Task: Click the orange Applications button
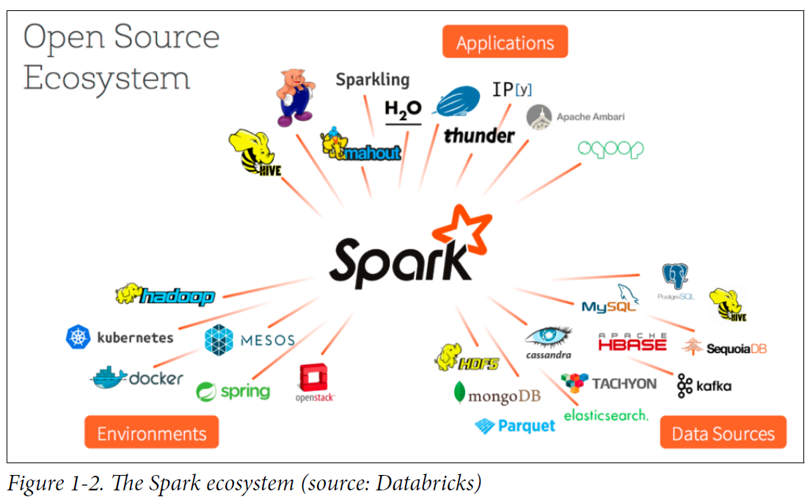[x=505, y=42]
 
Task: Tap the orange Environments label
[x=151, y=432]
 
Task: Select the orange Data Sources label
[x=723, y=432]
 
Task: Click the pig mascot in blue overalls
[x=296, y=96]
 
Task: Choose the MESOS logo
[x=249, y=339]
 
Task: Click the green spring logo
[x=233, y=391]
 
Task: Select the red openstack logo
[x=315, y=383]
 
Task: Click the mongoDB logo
[x=497, y=395]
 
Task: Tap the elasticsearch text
[x=606, y=415]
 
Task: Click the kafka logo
[x=704, y=385]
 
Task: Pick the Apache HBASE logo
[x=632, y=341]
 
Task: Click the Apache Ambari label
[x=576, y=117]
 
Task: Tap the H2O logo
[x=404, y=109]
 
